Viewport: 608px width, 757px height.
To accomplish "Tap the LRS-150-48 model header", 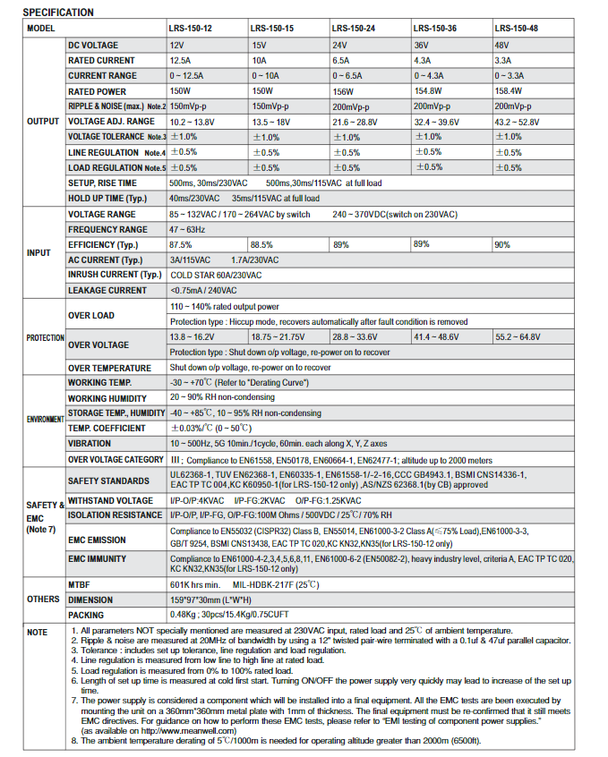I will click(517, 29).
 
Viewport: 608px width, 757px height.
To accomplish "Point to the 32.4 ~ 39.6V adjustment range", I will click(437, 122).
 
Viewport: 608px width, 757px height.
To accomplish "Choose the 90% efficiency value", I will click(502, 245).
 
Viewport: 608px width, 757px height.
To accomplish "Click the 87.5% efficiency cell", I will click(181, 244).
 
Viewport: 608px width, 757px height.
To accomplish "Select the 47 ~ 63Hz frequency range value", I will click(188, 230).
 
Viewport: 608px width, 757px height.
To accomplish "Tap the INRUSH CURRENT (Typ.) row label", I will click(114, 275).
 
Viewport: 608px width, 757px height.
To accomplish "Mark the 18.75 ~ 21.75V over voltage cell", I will click(278, 337).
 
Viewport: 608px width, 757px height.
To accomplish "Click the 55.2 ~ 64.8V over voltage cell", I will click(518, 337).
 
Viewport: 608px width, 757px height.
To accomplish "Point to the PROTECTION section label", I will click(45, 337).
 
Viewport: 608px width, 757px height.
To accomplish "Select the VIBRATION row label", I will click(90, 444).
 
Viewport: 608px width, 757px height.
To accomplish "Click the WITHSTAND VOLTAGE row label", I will click(110, 501).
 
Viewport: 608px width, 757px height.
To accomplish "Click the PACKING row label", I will click(86, 616).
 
